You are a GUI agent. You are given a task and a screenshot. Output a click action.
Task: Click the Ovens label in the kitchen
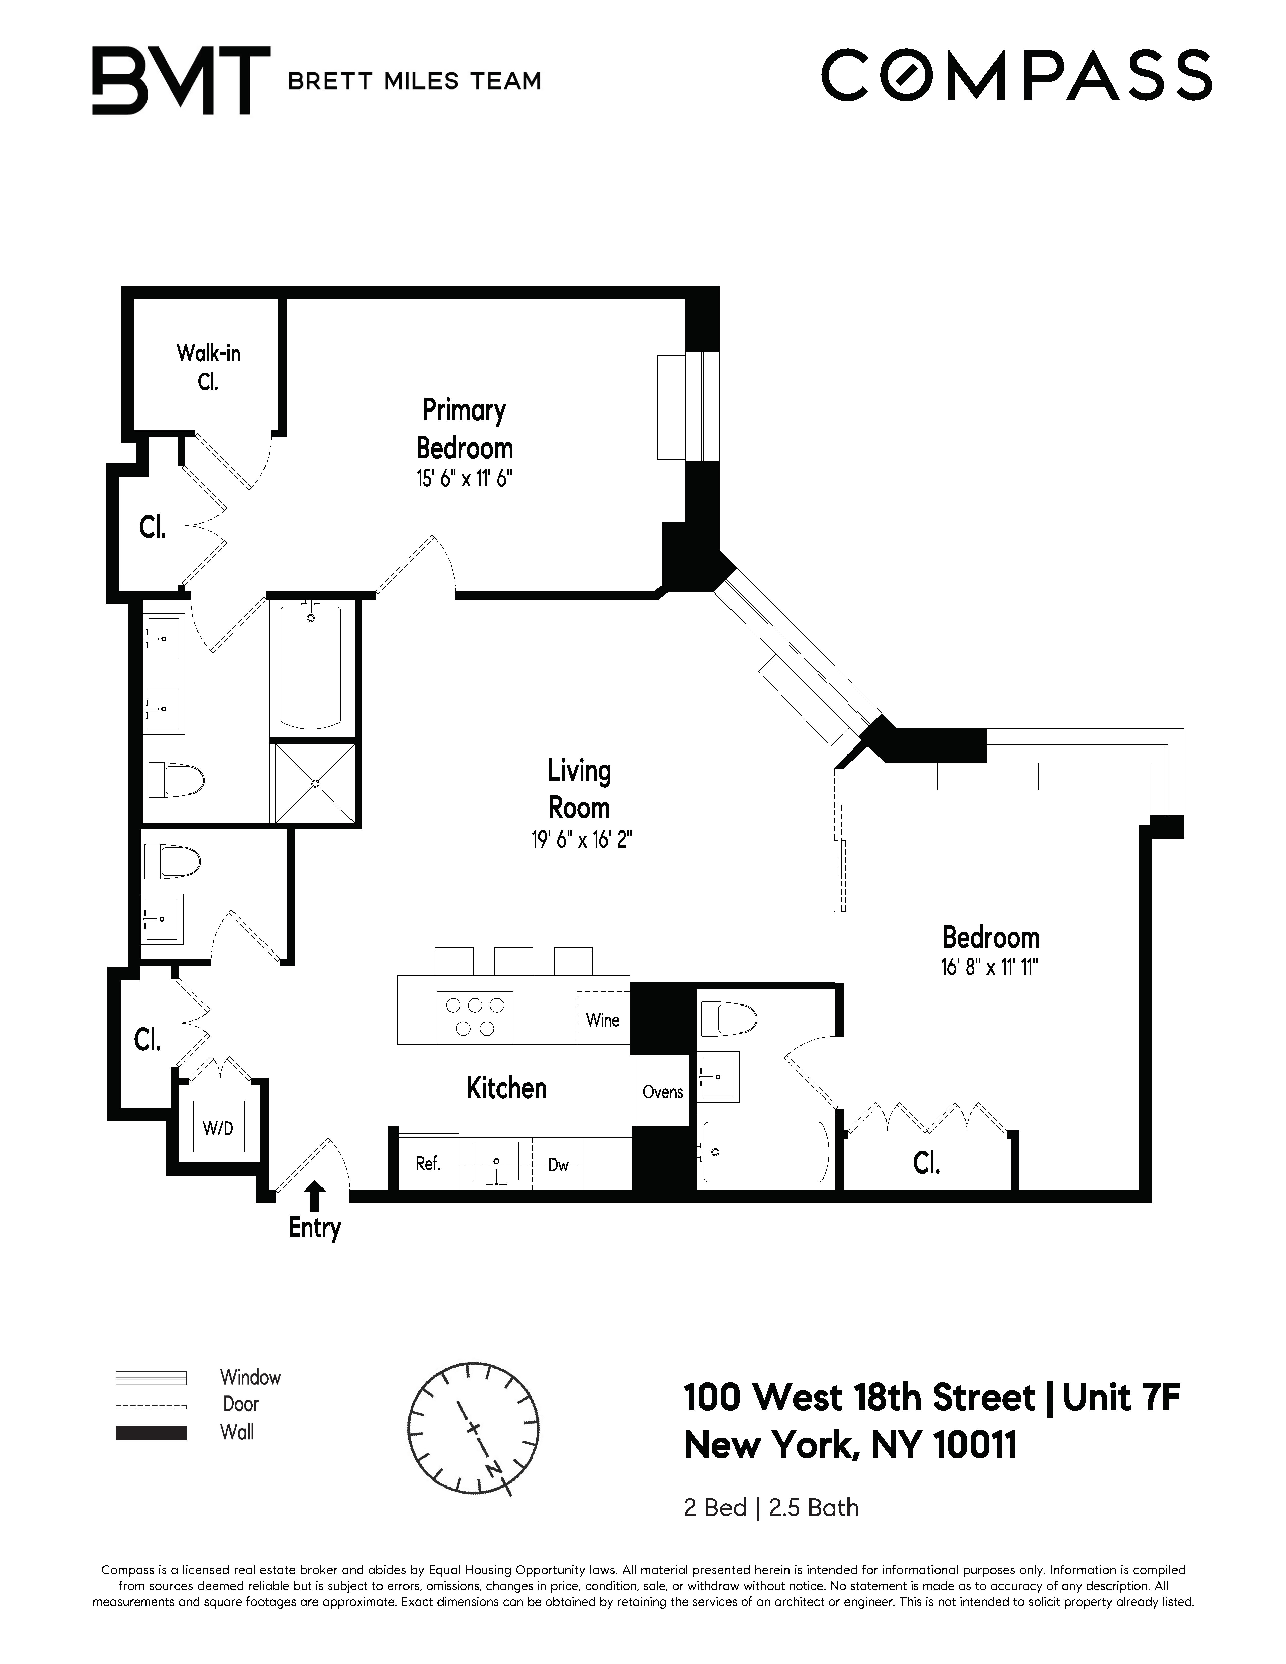(662, 1092)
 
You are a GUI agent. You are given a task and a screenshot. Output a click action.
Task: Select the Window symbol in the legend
(151, 1378)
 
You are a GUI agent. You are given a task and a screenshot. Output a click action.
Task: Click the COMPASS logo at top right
(1015, 75)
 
